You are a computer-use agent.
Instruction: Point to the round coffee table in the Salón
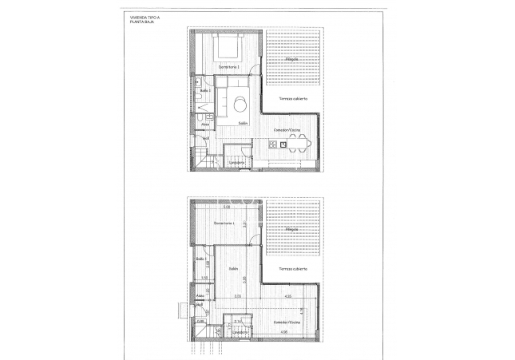(x=240, y=102)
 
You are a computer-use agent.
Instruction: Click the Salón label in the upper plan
(x=243, y=123)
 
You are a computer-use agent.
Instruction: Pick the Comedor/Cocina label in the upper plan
(x=287, y=129)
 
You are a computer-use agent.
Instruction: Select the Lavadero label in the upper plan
(x=236, y=164)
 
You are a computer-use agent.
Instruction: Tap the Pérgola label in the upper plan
(x=292, y=59)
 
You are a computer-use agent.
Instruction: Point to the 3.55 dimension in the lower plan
(x=237, y=296)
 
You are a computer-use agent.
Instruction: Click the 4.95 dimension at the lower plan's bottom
(x=283, y=331)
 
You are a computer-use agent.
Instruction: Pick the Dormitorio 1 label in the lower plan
(x=228, y=223)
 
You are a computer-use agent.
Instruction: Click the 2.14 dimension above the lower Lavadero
(x=237, y=321)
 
